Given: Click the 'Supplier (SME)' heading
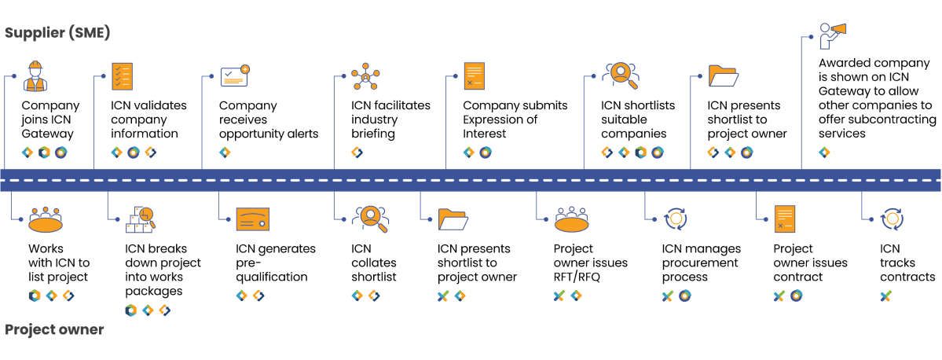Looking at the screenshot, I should point(57,33).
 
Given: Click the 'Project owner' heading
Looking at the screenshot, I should point(54,329).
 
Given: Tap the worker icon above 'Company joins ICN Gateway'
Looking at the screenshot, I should point(36,77).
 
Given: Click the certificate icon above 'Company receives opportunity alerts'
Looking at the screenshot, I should point(235,76).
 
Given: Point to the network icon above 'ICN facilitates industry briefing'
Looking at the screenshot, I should point(365,76).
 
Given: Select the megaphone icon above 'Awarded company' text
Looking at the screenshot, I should point(833,35).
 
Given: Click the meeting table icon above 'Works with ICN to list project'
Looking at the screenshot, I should point(45,220).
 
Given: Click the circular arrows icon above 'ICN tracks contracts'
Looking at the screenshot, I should point(892,219).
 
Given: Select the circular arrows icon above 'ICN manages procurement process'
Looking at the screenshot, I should point(676,219).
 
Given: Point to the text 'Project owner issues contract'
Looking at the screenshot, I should point(810,263).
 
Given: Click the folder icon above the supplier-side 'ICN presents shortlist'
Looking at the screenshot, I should point(723,76).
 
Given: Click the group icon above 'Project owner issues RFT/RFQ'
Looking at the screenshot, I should point(577,220).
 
